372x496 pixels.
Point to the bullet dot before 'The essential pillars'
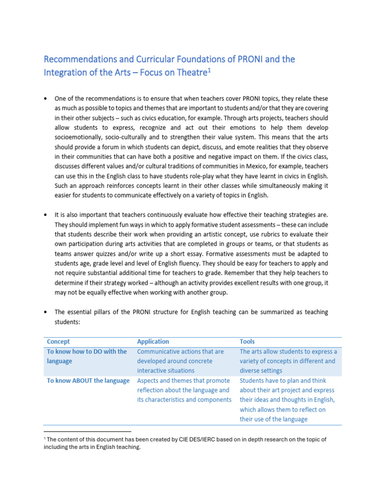46,312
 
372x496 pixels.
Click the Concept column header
58,341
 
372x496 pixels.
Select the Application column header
153,341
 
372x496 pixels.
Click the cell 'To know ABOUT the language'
88,381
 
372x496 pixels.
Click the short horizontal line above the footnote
87,431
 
